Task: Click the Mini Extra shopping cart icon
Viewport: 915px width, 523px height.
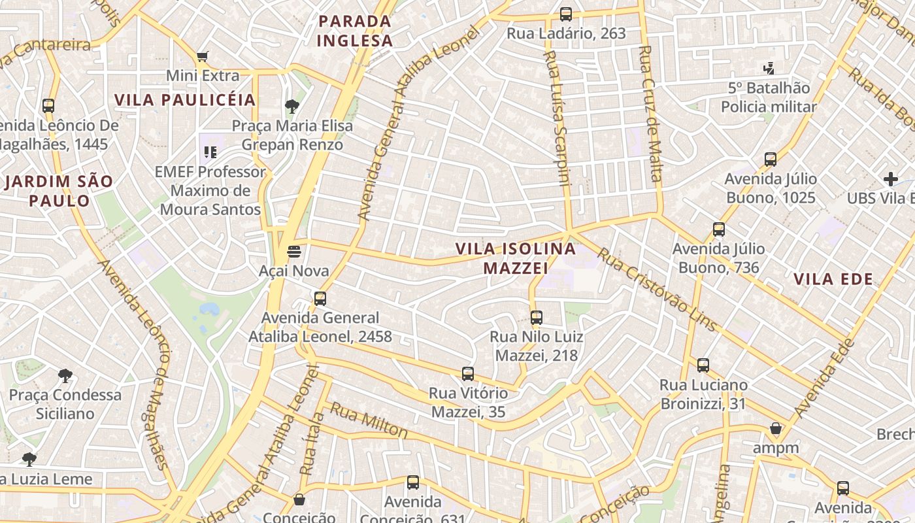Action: click(203, 56)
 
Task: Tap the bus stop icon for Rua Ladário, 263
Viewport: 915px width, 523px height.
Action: click(566, 14)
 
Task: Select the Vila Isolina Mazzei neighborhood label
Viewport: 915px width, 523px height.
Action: click(516, 258)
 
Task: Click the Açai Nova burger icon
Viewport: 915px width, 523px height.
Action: click(294, 251)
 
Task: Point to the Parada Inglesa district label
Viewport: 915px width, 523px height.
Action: click(355, 31)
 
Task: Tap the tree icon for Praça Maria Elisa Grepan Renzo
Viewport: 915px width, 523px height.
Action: click(292, 106)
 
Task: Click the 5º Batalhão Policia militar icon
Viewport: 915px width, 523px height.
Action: click(769, 68)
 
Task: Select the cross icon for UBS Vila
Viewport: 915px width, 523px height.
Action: click(890, 178)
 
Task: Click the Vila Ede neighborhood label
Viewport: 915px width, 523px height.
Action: click(833, 279)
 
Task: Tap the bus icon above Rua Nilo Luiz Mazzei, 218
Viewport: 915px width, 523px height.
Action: click(537, 318)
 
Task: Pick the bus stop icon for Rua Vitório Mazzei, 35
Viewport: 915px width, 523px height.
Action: click(468, 374)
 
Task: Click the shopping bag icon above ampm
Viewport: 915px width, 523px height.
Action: click(776, 429)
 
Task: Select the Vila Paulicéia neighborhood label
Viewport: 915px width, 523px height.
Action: click(185, 100)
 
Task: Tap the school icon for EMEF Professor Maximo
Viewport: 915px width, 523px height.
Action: click(210, 152)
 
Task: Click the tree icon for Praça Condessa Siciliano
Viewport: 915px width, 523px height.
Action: click(65, 375)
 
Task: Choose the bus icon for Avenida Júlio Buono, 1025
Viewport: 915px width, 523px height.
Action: click(771, 159)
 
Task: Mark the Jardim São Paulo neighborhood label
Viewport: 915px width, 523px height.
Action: click(59, 191)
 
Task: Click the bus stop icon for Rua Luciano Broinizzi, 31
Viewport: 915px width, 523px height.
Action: click(703, 365)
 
